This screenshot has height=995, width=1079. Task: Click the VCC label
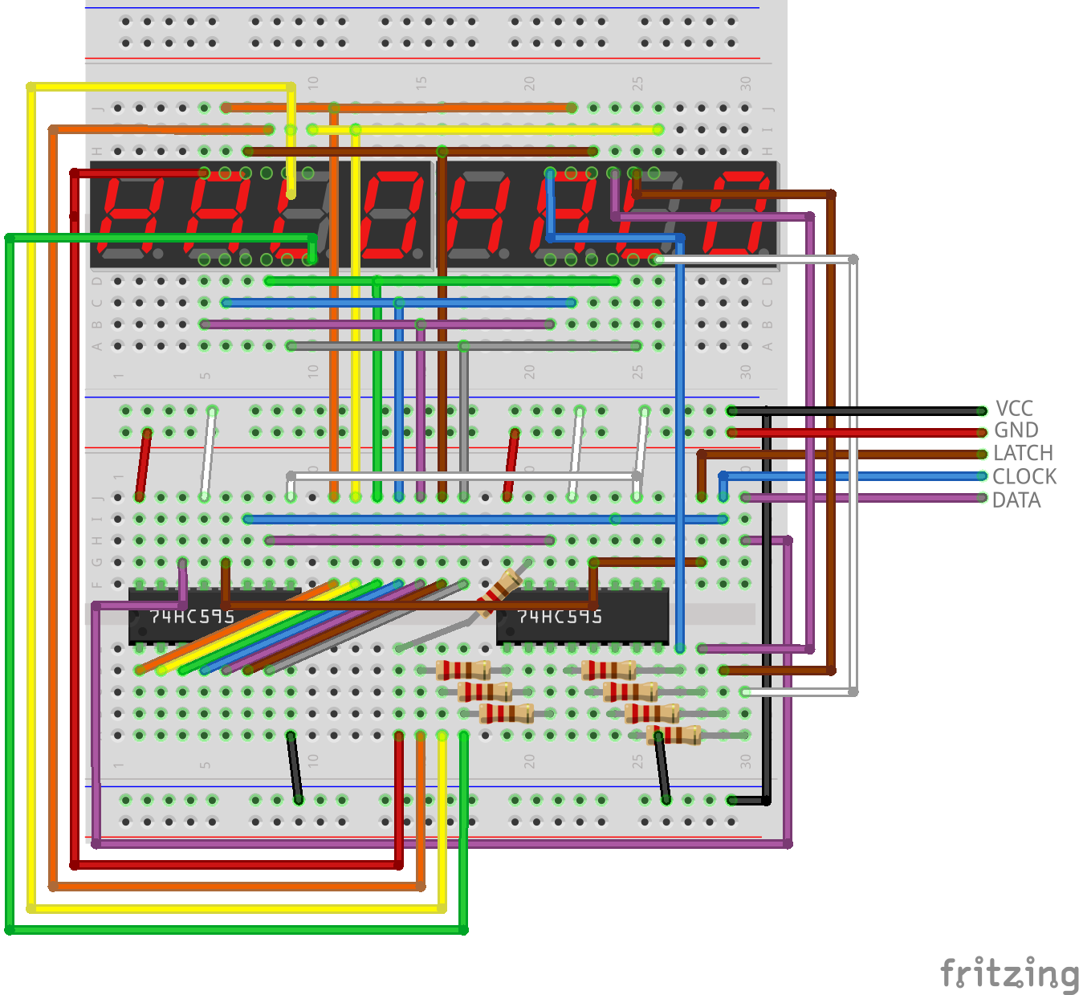coord(1014,408)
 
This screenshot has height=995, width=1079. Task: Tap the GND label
coord(1016,430)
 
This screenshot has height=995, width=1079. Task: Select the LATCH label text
coord(1023,453)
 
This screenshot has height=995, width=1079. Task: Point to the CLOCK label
coord(1024,476)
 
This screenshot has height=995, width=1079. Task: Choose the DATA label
coord(1016,500)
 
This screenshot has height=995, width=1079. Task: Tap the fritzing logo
coord(1009,973)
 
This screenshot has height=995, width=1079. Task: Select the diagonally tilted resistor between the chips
coord(499,592)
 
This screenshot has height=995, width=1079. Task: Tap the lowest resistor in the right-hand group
coord(674,734)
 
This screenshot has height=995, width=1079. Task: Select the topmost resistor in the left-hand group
coord(463,670)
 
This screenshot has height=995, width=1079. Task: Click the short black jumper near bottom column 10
coord(294,767)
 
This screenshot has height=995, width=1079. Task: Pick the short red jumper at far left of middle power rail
coord(144,464)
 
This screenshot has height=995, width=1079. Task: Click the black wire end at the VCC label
coord(981,411)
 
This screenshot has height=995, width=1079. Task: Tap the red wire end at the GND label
coord(981,433)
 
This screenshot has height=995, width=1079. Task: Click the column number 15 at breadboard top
coord(421,83)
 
